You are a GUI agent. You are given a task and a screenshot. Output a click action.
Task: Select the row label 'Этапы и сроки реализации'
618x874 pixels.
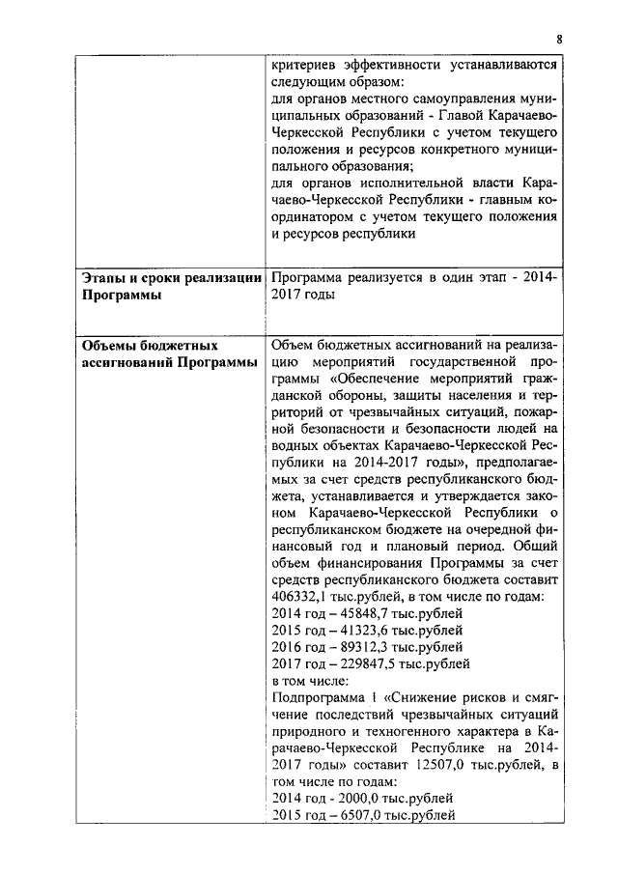coord(171,278)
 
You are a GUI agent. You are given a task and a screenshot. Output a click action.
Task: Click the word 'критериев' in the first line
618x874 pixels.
coord(307,66)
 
